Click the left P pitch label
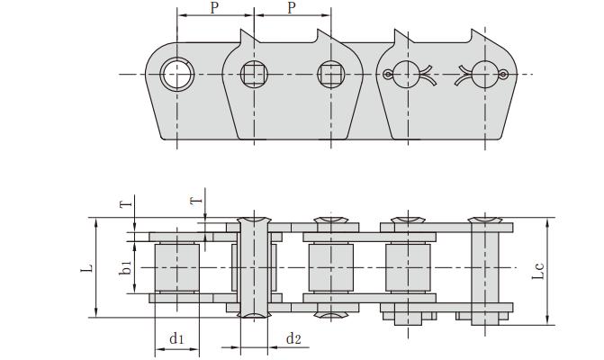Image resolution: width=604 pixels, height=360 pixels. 214,8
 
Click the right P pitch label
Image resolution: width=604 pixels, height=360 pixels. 292,8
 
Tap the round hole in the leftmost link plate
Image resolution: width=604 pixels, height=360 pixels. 176,74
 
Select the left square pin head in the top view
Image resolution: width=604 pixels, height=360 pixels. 255,74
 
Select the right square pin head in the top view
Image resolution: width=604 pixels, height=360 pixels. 330,74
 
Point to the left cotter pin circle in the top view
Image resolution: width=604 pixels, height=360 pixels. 408,74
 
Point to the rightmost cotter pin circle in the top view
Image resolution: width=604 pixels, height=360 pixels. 484,74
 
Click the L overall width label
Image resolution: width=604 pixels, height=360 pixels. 86,267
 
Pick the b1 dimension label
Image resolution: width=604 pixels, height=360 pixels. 127,267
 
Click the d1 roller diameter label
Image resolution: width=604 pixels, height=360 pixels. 176,338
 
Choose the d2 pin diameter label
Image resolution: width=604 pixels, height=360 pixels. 293,338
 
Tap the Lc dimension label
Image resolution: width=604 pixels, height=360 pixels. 537,267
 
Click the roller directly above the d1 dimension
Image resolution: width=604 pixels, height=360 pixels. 176,267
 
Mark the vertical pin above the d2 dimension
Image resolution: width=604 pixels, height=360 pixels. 254,267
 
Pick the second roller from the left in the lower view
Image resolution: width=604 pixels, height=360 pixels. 330,267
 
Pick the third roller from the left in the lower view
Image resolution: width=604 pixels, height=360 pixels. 408,267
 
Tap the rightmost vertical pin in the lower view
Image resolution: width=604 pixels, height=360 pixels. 484,267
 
